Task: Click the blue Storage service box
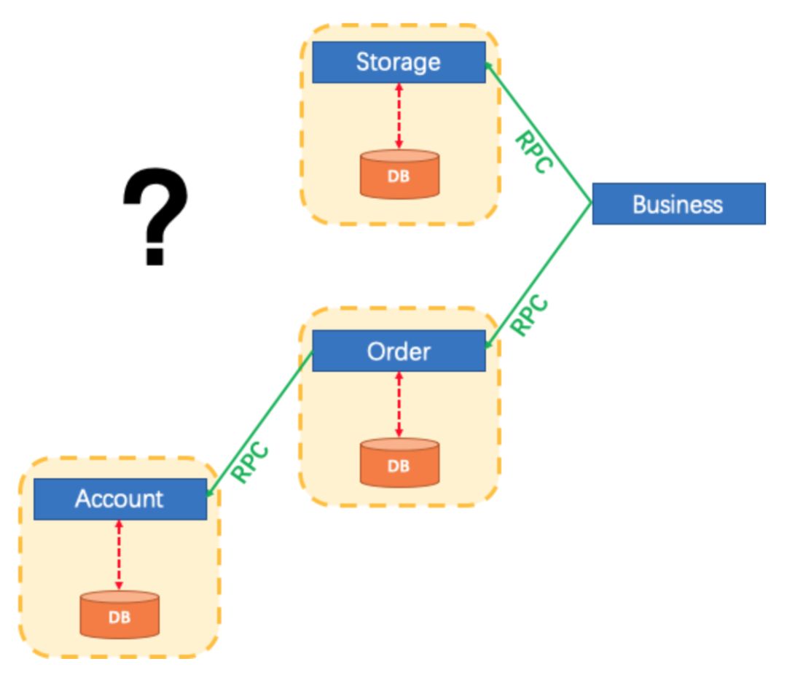pos(399,62)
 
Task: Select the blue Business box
pos(679,203)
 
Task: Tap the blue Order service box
pos(399,351)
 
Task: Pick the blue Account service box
pos(120,499)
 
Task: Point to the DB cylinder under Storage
pos(399,173)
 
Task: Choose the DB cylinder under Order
pos(399,463)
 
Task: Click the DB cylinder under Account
pos(120,614)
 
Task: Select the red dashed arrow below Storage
pos(399,116)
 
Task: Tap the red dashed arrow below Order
pos(399,405)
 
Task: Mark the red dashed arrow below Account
pos(119,555)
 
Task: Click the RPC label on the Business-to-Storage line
pos(534,152)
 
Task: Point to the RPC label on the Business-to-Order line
pos(530,315)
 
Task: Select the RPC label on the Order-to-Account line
pos(251,462)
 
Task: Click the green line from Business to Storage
pos(539,133)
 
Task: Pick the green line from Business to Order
pos(539,276)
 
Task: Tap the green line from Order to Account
pos(260,424)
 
